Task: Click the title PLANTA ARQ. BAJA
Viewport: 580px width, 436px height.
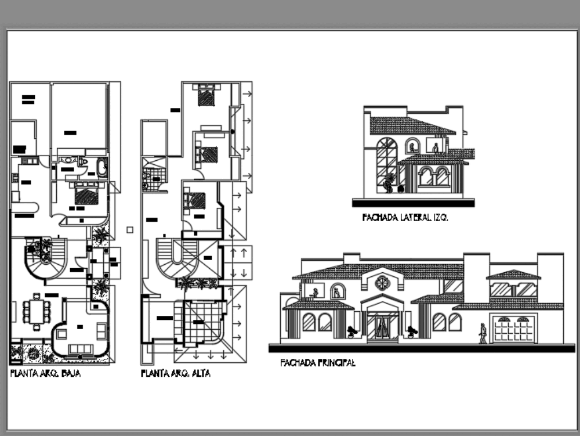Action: coord(45,374)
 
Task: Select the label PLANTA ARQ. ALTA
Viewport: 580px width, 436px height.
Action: coord(175,374)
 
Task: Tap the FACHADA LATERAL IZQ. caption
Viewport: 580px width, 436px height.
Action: coord(405,218)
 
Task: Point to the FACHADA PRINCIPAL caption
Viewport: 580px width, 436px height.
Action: coord(317,363)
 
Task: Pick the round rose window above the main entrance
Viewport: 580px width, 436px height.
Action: coord(382,283)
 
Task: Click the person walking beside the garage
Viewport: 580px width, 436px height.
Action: coord(483,333)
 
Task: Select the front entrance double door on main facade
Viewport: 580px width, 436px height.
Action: coord(382,327)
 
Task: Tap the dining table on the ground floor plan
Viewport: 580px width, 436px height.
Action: coord(37,310)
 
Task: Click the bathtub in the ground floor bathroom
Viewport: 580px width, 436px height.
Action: coord(101,168)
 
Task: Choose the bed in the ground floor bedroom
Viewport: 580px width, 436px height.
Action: coord(86,194)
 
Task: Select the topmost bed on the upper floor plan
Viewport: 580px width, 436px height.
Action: coord(206,96)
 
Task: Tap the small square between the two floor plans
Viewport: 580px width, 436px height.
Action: coord(130,230)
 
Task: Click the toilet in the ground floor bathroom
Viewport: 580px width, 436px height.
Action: coord(84,161)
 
